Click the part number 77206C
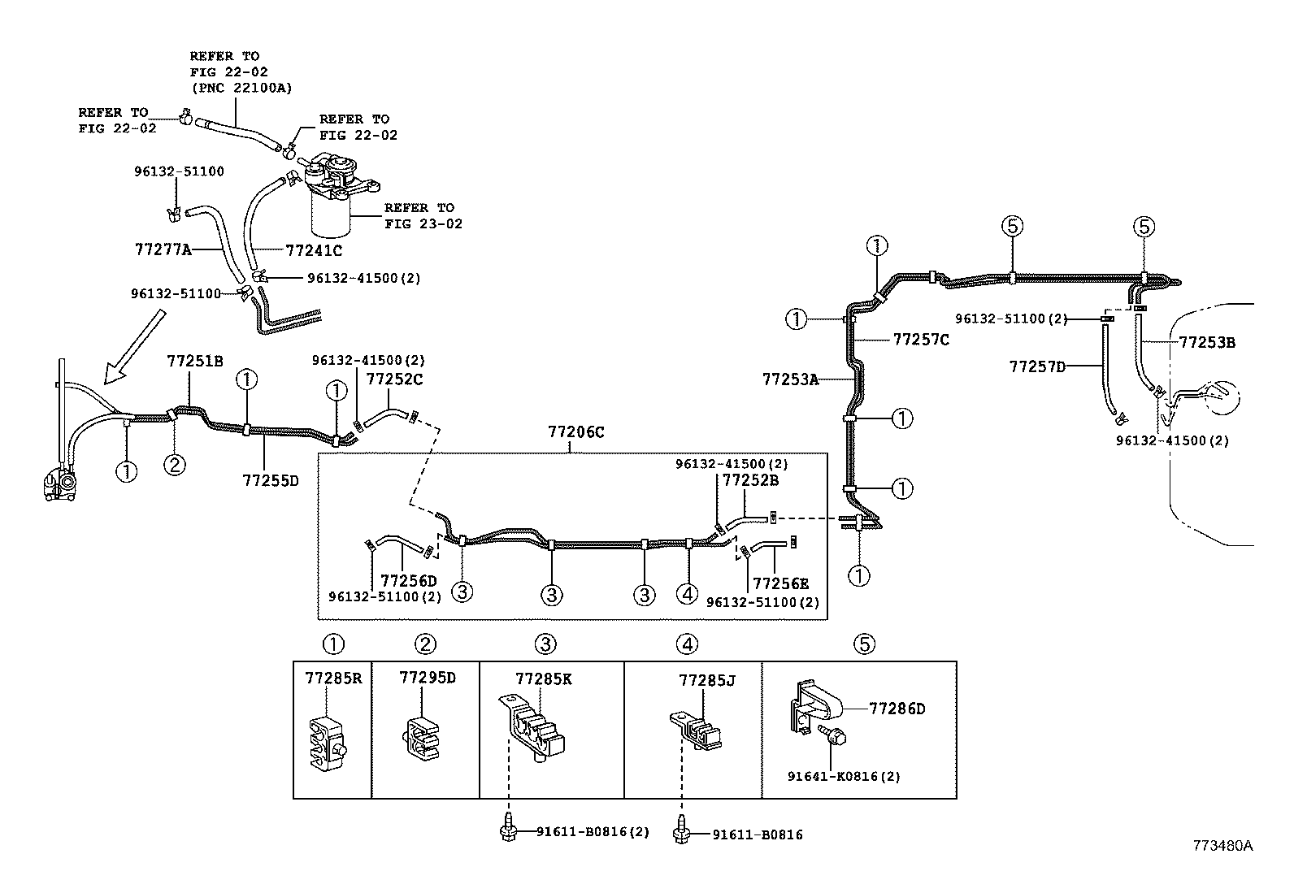coord(575,432)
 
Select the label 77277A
coord(163,249)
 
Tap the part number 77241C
coord(314,250)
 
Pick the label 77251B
coord(195,360)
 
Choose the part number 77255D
coord(271,480)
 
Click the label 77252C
coord(394,379)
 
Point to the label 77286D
coord(897,709)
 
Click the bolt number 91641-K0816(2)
coord(844,776)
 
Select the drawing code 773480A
coord(1222,845)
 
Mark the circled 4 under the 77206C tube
coord(687,594)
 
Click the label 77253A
coord(790,378)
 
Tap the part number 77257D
coord(1037,366)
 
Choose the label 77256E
coord(780,583)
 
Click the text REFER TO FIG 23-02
coord(423,215)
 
